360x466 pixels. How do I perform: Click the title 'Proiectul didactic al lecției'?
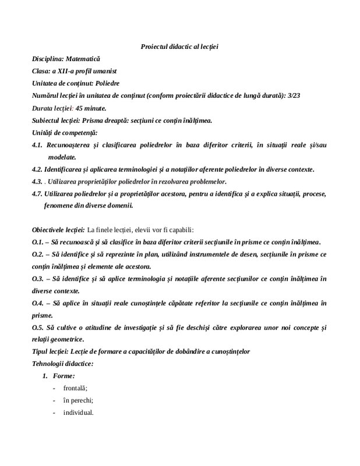point(179,46)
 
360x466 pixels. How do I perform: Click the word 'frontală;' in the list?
point(74,389)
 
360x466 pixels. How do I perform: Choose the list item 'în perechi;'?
point(78,401)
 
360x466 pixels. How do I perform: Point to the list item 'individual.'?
point(78,413)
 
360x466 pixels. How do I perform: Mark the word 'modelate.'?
point(62,157)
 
